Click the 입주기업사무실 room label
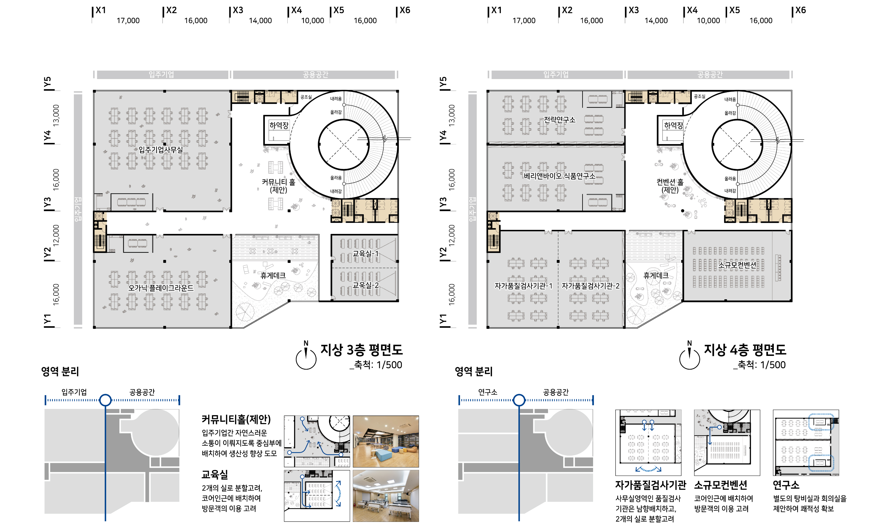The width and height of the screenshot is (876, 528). tap(161, 149)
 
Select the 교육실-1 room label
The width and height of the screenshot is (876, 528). tap(366, 253)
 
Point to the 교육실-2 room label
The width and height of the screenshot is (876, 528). tap(366, 285)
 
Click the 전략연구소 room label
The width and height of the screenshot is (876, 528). tap(559, 120)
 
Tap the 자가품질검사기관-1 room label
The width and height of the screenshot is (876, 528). tap(523, 286)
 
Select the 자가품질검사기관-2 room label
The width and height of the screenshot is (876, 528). tap(590, 286)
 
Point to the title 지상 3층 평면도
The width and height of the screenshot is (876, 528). tap(361, 350)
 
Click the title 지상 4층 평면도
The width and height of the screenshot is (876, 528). tap(745, 350)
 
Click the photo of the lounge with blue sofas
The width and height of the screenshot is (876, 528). tap(386, 441)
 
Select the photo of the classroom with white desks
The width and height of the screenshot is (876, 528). tap(386, 496)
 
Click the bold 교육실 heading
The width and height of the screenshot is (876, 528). tap(215, 474)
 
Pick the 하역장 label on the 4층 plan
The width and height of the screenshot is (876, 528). tap(674, 125)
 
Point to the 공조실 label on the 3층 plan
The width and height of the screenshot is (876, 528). tap(306, 97)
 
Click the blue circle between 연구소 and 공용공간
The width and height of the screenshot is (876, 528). tap(519, 400)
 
